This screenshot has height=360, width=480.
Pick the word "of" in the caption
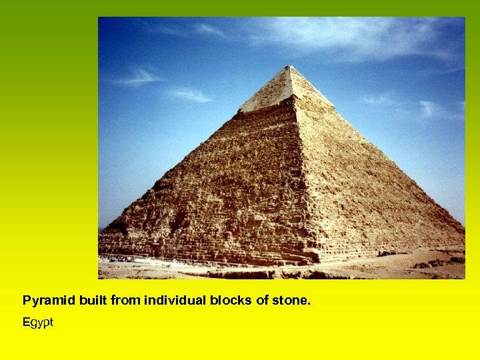point(260,301)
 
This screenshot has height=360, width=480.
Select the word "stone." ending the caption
point(291,301)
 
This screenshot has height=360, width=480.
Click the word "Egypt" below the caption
point(37,323)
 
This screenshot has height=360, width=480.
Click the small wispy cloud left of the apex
point(140,77)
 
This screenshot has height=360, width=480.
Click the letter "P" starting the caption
point(27,301)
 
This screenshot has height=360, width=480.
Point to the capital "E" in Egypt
point(27,323)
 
